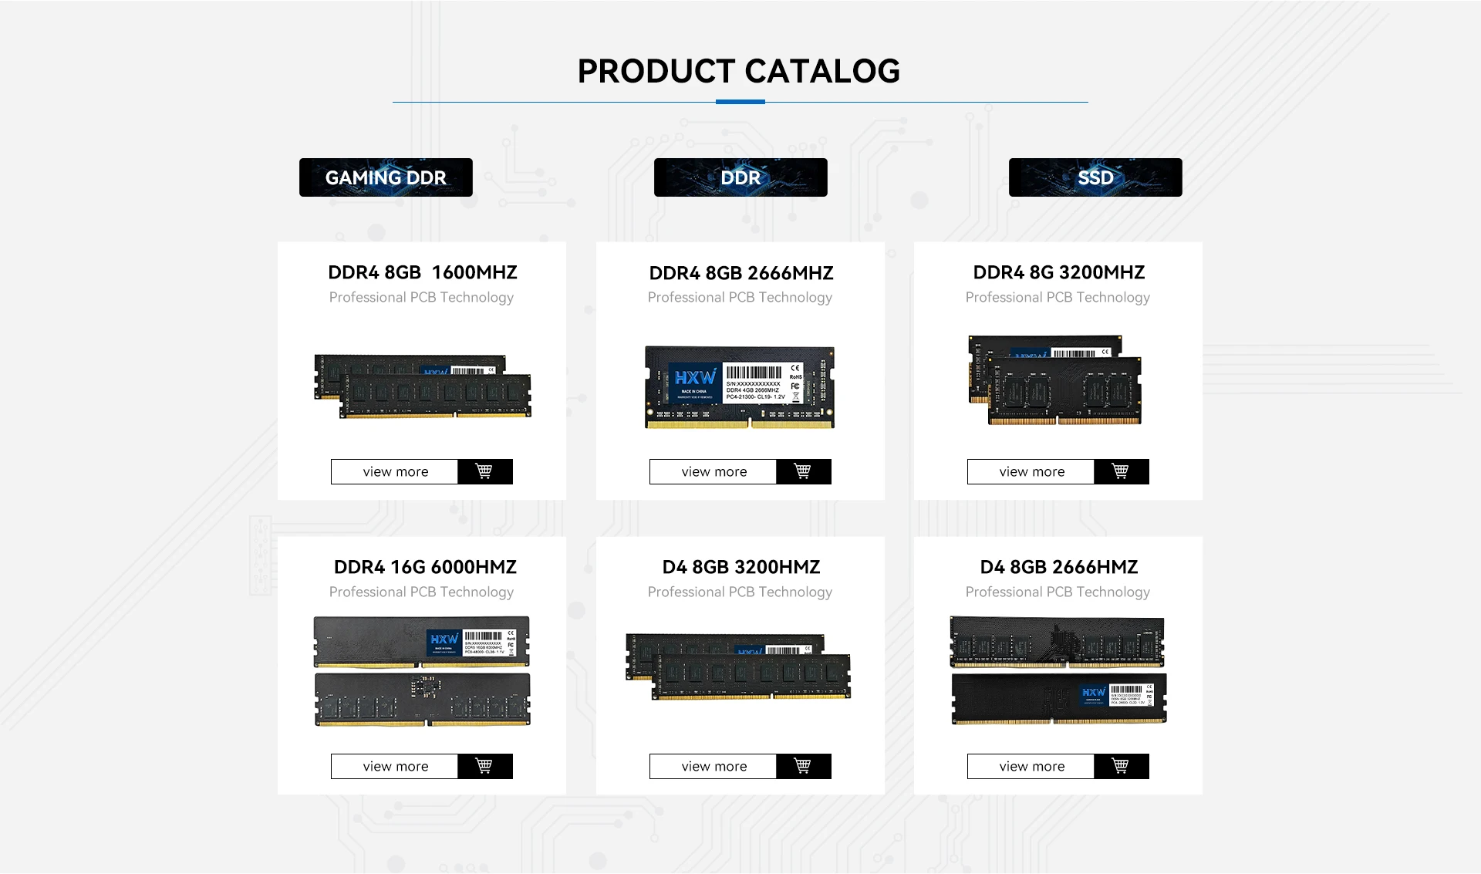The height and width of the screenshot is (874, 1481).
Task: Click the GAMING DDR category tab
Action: pyautogui.click(x=386, y=177)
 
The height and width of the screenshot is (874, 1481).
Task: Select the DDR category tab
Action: pyautogui.click(x=740, y=177)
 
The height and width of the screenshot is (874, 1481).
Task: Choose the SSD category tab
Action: pyautogui.click(x=1095, y=177)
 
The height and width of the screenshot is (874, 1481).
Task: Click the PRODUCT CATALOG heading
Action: pyautogui.click(x=739, y=71)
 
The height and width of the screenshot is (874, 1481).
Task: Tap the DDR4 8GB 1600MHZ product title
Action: pyautogui.click(x=422, y=272)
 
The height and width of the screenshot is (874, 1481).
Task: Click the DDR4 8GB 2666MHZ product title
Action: pyautogui.click(x=740, y=273)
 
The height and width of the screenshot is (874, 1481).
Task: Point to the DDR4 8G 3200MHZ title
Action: pyautogui.click(x=1058, y=272)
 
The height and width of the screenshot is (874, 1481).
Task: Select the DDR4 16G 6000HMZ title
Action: pyautogui.click(x=425, y=567)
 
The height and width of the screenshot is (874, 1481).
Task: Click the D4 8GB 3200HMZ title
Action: pyautogui.click(x=740, y=567)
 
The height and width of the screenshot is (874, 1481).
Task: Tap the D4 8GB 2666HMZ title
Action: pyautogui.click(x=1058, y=567)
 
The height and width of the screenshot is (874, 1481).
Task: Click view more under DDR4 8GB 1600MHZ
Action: pyautogui.click(x=395, y=471)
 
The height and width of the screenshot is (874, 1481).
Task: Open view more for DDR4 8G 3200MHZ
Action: pyautogui.click(x=1031, y=471)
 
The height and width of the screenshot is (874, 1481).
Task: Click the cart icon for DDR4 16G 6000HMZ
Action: pyautogui.click(x=484, y=766)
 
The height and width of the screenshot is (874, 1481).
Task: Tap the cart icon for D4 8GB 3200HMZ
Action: pyautogui.click(x=803, y=766)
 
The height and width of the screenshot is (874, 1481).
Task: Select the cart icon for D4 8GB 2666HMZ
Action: pyautogui.click(x=1121, y=766)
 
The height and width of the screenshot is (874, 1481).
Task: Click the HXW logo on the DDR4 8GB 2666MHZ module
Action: pyautogui.click(x=695, y=378)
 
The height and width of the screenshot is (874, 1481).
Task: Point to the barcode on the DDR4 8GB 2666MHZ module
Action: pyautogui.click(x=754, y=372)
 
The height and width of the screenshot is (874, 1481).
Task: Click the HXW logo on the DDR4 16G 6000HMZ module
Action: pyautogui.click(x=444, y=639)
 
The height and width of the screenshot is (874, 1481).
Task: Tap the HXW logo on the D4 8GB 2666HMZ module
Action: pyautogui.click(x=1094, y=692)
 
